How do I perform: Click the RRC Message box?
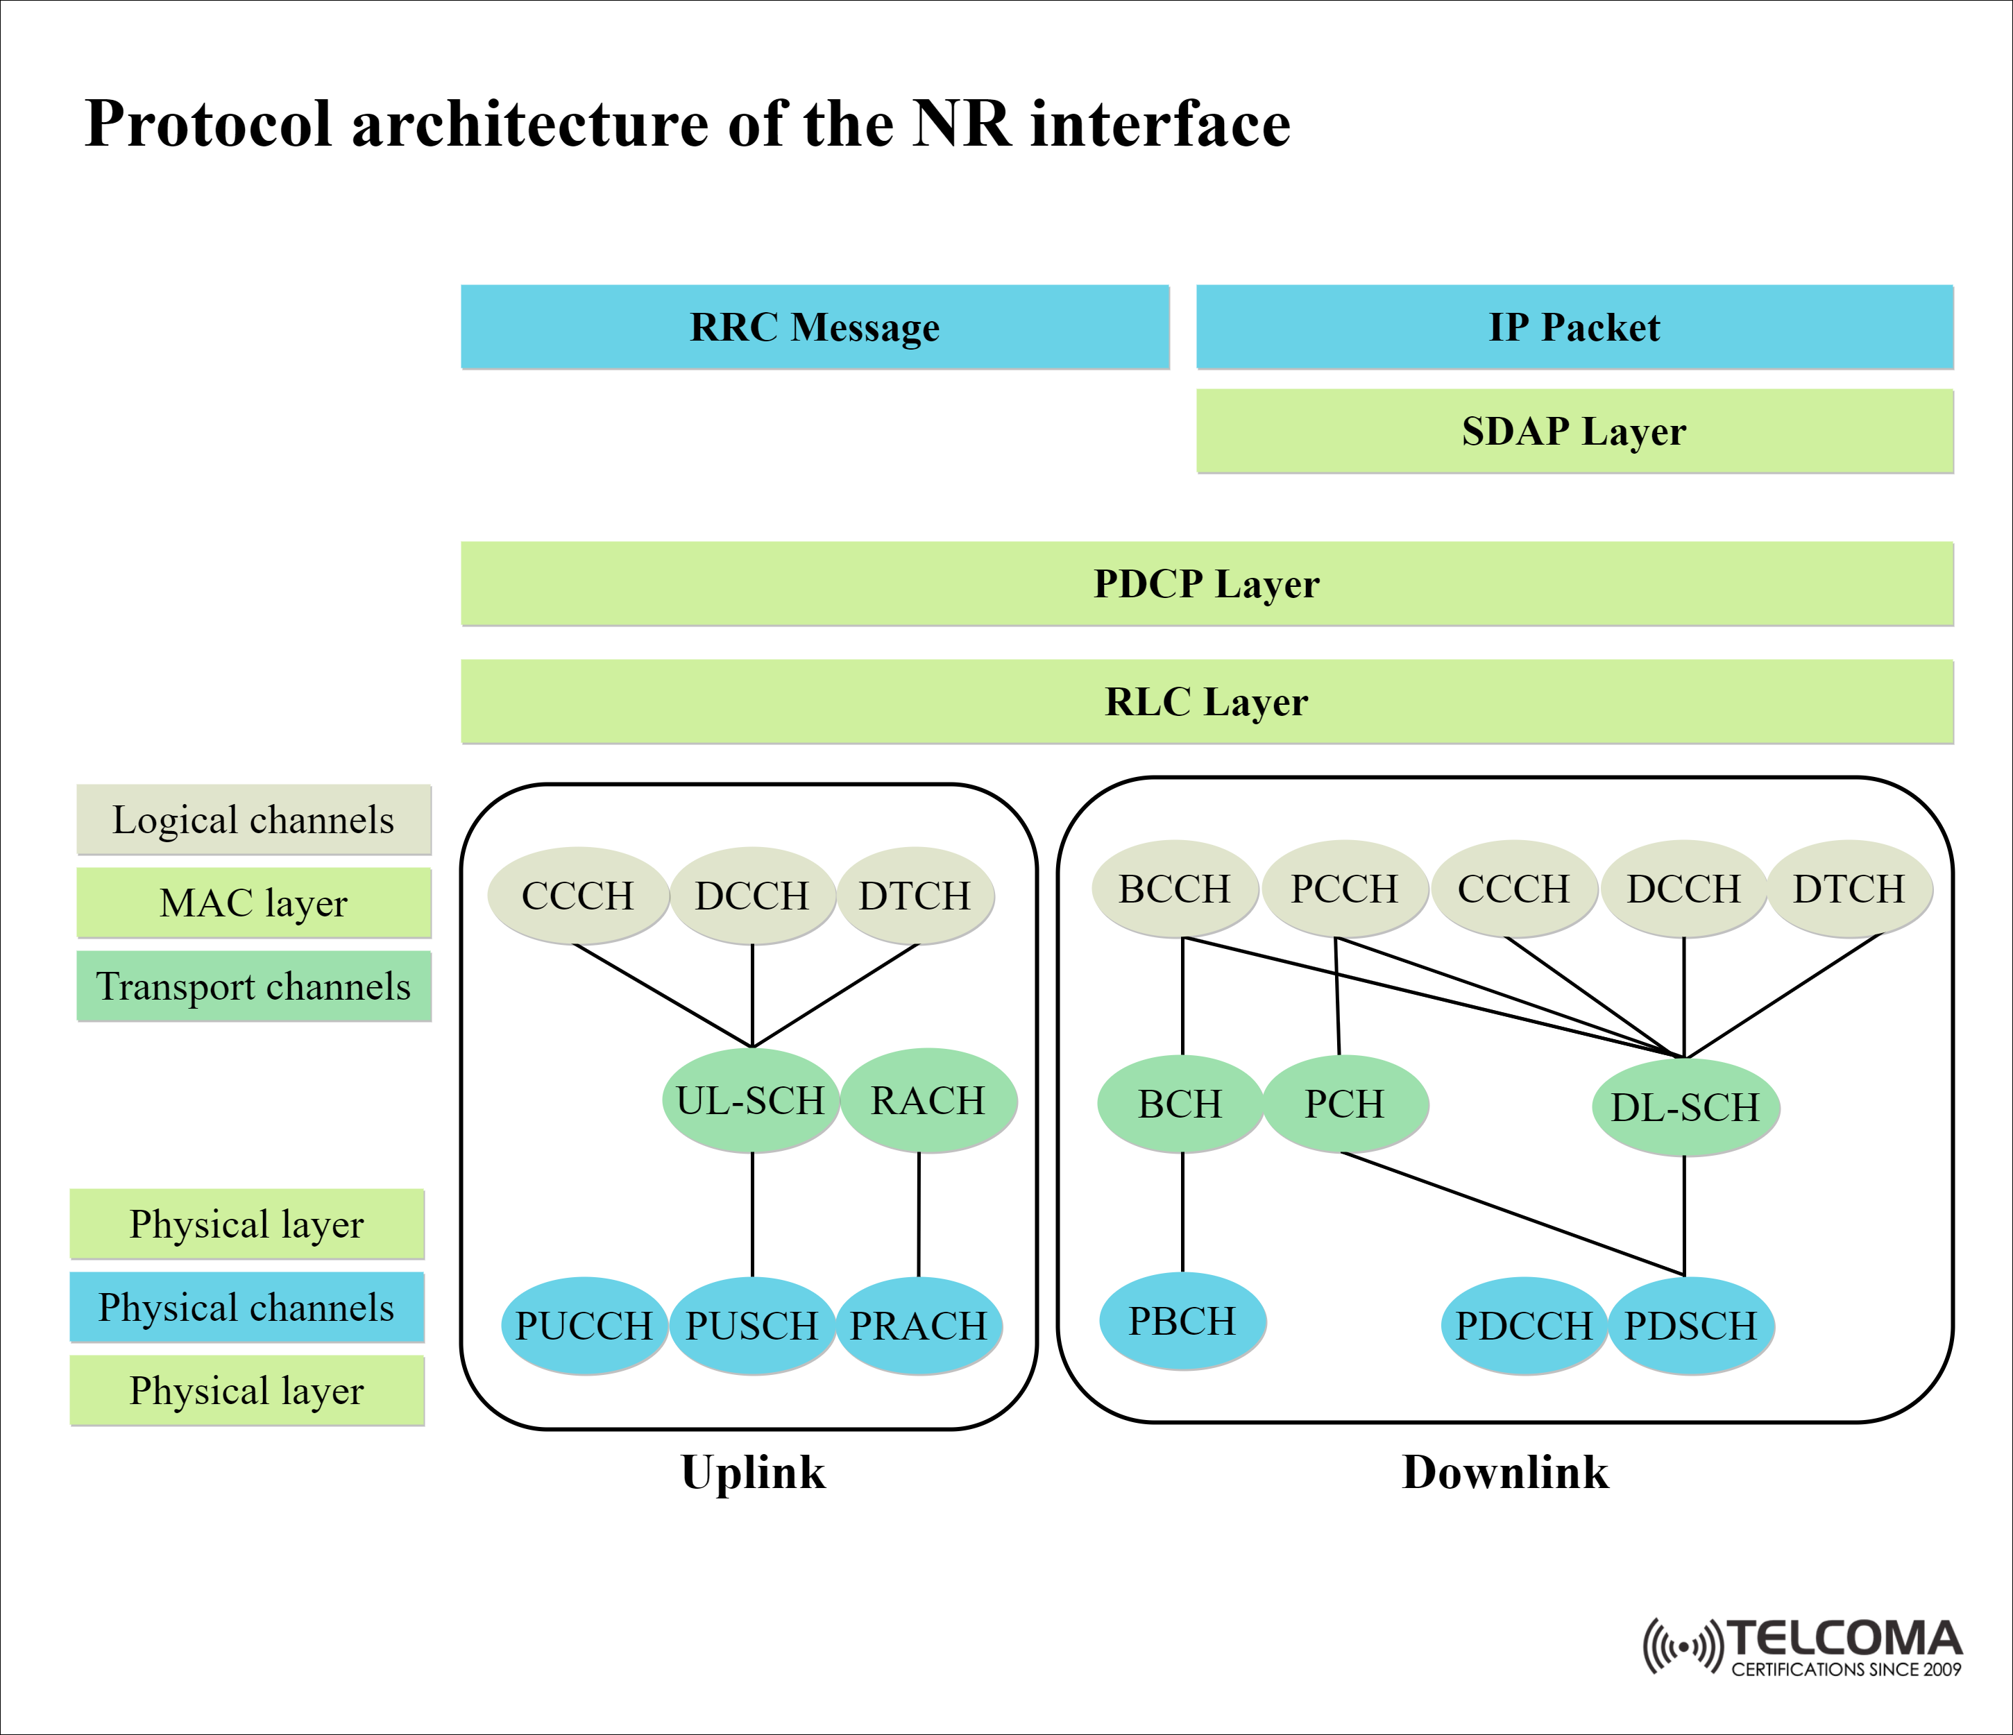[x=814, y=327]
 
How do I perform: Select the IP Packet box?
[x=1574, y=327]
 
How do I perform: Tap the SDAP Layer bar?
[x=1574, y=431]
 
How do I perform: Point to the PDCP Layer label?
[x=1207, y=584]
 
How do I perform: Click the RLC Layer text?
[x=1207, y=701]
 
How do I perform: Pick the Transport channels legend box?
[x=253, y=986]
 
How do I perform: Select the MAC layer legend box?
[x=253, y=903]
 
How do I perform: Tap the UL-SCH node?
[x=751, y=1101]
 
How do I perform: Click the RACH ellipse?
[x=928, y=1101]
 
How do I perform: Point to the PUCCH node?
[x=583, y=1326]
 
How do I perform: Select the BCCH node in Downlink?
[x=1175, y=889]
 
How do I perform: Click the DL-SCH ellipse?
[x=1685, y=1107]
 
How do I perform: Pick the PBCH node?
[x=1182, y=1321]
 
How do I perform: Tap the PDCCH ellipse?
[x=1523, y=1326]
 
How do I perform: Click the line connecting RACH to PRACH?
[x=919, y=1214]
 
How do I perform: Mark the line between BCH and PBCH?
[x=1182, y=1213]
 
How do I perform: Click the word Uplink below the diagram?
[x=753, y=1472]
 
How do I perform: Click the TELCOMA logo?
[x=1802, y=1647]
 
